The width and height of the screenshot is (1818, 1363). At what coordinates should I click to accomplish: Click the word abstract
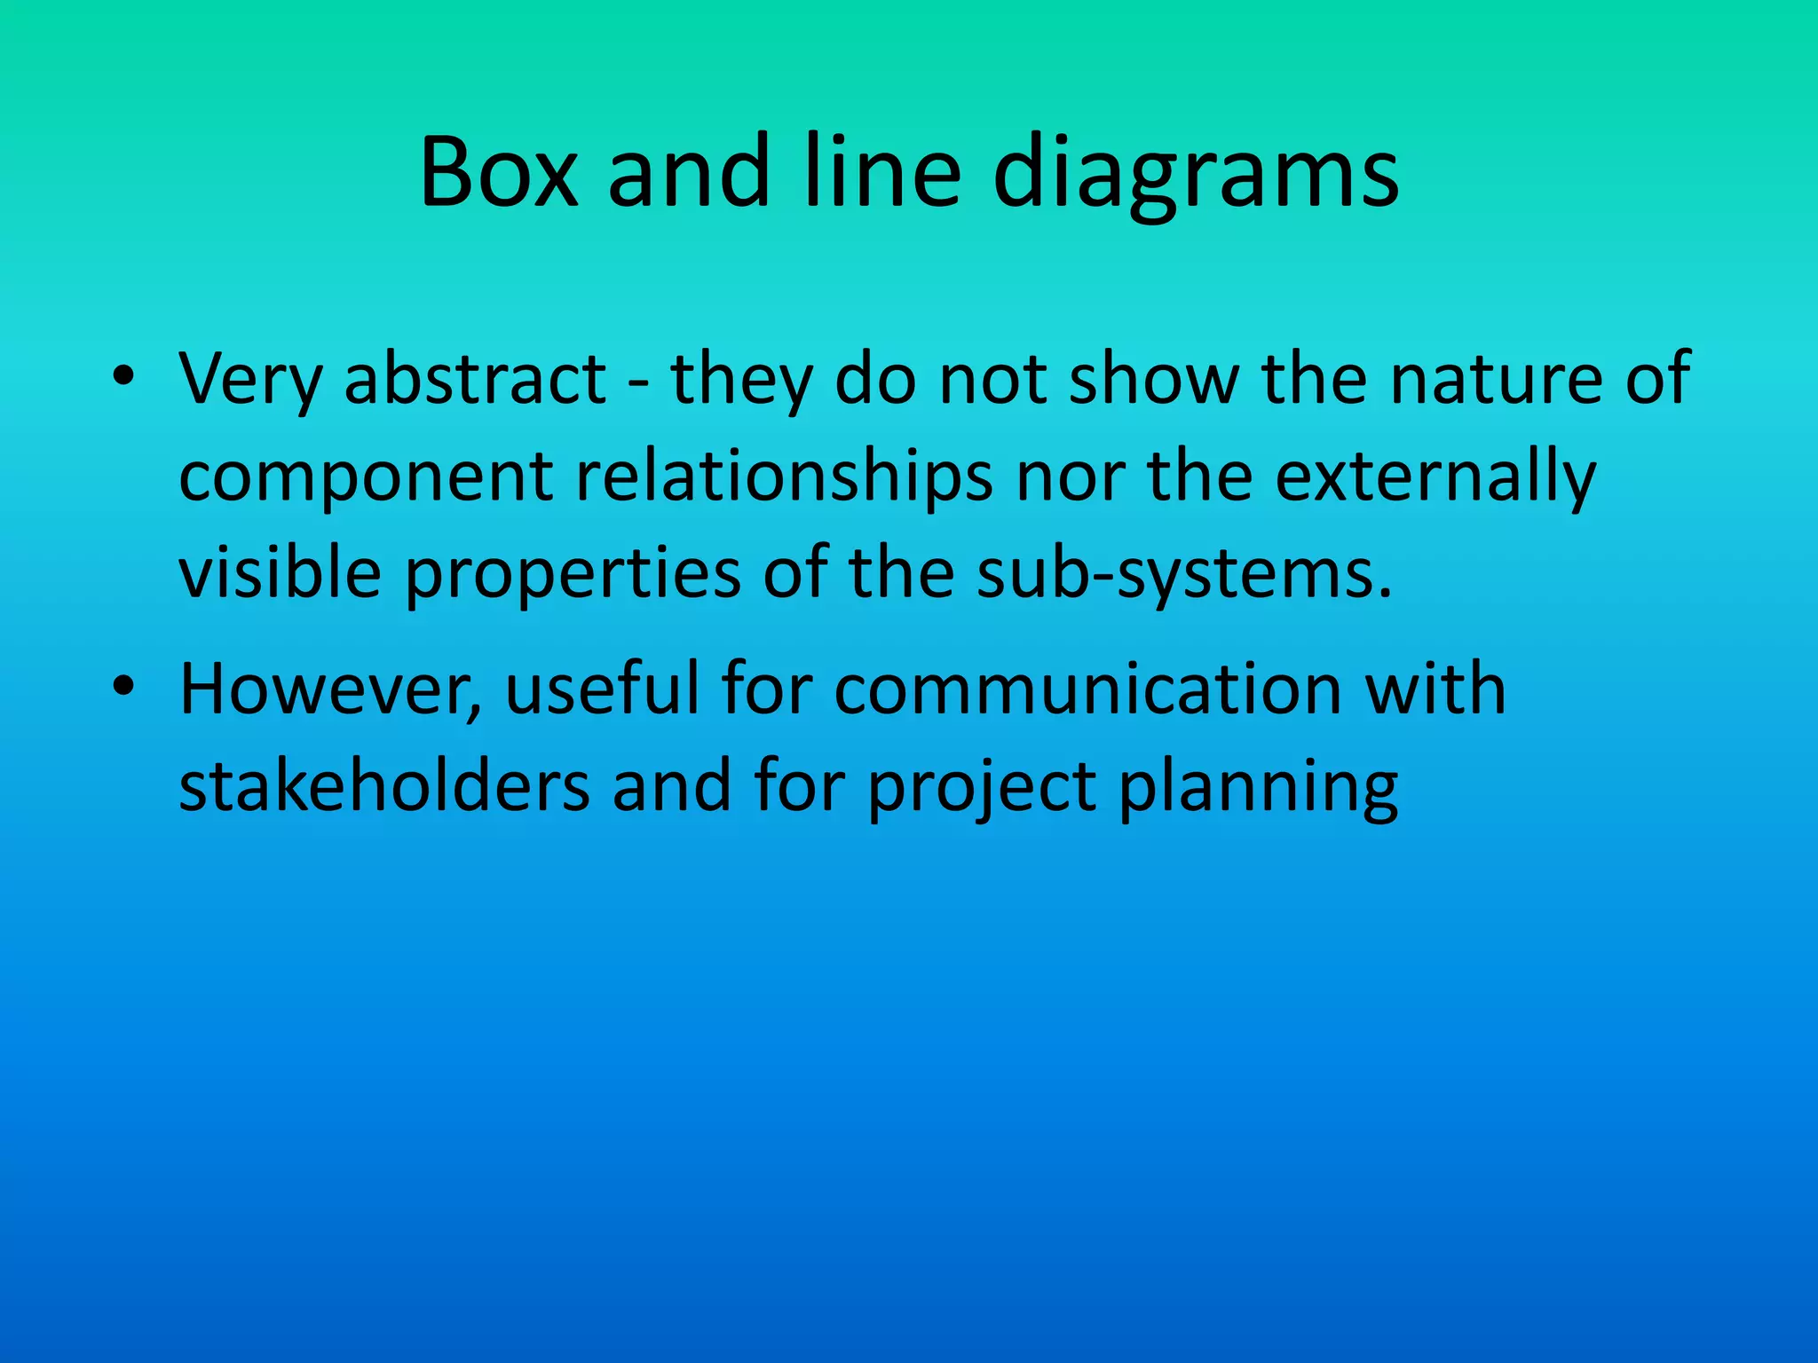(475, 379)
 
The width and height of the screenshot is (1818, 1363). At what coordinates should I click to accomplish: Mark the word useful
(603, 688)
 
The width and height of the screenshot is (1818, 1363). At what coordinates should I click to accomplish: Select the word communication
(1087, 689)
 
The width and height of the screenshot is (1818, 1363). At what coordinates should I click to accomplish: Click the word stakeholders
(383, 785)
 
